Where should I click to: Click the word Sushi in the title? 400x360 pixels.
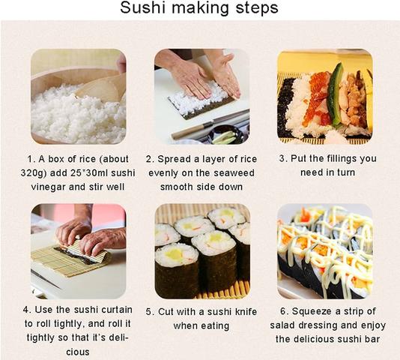(145, 10)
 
